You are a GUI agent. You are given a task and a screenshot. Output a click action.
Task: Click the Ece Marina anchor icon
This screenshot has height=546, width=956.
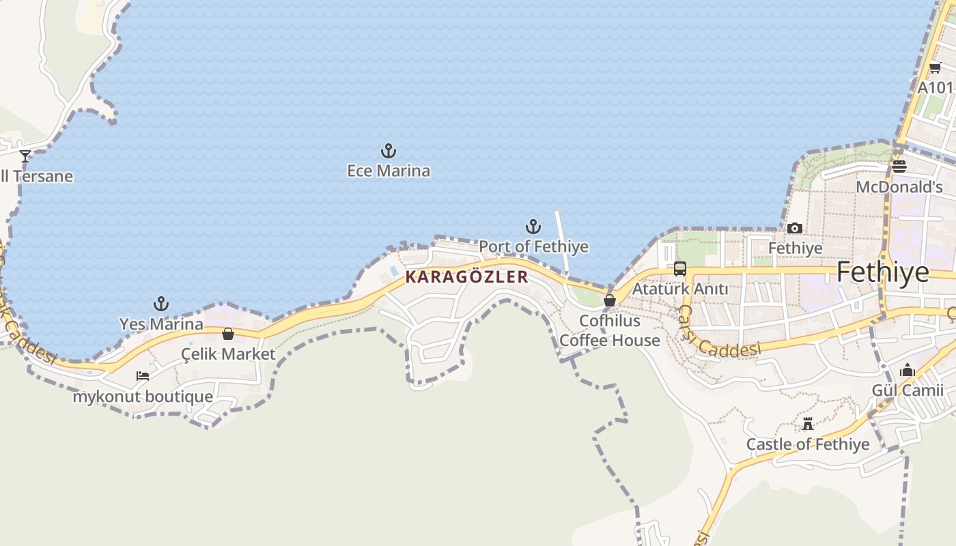click(x=389, y=151)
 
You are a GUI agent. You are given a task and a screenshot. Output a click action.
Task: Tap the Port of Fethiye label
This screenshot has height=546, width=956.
click(x=533, y=246)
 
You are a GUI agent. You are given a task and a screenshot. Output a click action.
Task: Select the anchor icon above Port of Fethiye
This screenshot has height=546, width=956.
click(x=533, y=227)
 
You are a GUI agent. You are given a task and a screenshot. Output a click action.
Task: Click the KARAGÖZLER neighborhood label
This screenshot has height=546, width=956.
click(x=467, y=276)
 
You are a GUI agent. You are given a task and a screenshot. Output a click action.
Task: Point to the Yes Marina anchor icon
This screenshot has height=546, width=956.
click(x=161, y=304)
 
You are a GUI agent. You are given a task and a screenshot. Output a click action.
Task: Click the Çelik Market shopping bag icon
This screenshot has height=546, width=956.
click(x=228, y=334)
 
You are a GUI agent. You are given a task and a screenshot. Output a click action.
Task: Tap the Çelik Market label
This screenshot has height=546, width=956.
click(x=228, y=354)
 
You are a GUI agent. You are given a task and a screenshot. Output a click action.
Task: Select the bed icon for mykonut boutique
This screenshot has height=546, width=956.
click(x=143, y=376)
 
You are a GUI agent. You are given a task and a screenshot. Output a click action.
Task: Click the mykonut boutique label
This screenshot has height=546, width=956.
click(x=143, y=396)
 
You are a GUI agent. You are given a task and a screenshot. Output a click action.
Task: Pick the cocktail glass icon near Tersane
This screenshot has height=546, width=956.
click(x=25, y=156)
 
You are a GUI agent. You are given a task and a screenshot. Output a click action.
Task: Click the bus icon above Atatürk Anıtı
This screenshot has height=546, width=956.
click(x=680, y=269)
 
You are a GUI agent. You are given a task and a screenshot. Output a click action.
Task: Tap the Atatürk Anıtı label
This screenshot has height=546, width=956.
click(x=680, y=289)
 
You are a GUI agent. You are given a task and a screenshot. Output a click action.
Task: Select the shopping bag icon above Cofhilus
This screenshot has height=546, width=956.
click(x=610, y=300)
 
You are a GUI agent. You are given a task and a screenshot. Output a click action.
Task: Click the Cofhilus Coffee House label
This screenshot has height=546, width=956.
click(x=610, y=330)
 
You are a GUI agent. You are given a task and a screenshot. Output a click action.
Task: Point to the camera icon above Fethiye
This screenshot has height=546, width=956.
click(x=795, y=228)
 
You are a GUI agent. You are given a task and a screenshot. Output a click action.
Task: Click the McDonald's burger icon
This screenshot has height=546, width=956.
click(x=899, y=167)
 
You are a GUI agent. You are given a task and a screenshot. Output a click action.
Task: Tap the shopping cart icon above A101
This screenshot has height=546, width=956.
click(x=935, y=68)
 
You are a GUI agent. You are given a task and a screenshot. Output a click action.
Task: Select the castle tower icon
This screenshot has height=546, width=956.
click(x=808, y=425)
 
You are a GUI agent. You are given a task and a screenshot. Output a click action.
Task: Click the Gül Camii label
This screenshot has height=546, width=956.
click(x=908, y=390)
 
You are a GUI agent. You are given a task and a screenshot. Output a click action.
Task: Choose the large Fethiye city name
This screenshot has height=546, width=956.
click(x=882, y=272)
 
